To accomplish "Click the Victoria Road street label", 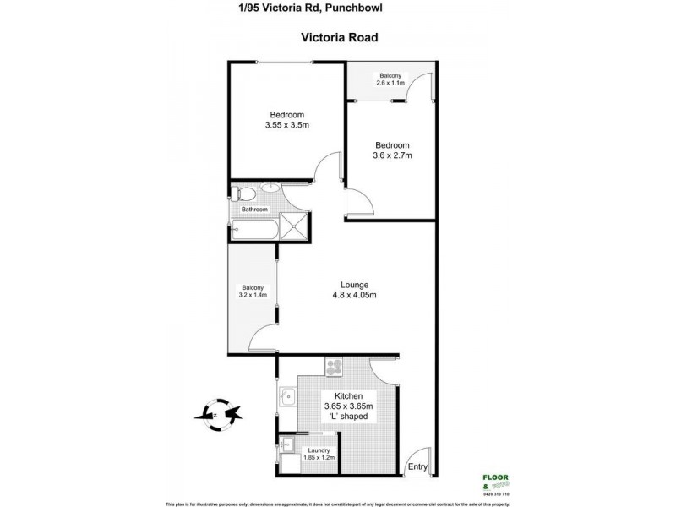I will tap(338, 37).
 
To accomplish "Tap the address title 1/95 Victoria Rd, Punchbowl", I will tap(338, 8).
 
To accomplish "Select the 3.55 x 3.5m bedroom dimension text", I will tap(286, 127).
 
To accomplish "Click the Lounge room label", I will tap(354, 284).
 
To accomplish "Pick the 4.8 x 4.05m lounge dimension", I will tap(354, 295).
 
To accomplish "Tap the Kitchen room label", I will tap(348, 396).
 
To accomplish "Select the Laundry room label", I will tap(319, 450).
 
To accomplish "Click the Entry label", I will tap(417, 466).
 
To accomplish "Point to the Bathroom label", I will tap(254, 210).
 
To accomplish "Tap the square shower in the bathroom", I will tap(295, 226).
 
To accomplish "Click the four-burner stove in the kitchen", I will tap(334, 368).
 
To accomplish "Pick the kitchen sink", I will tap(287, 395).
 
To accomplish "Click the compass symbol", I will tap(216, 414).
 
